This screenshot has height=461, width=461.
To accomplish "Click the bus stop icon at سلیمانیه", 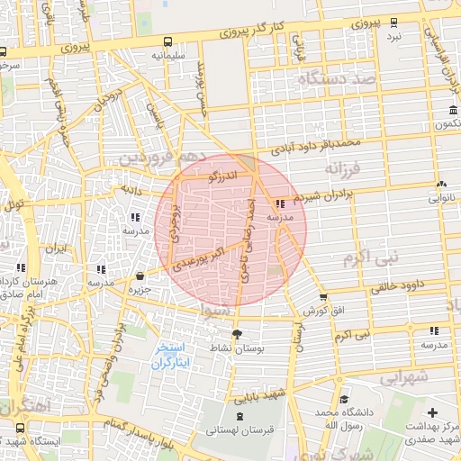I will pyautogui.click(x=168, y=41).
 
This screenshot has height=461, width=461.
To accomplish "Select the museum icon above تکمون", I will pyautogui.click(x=451, y=111).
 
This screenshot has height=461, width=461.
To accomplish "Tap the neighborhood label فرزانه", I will pyautogui.click(x=343, y=168).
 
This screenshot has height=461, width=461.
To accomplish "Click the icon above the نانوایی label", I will pyautogui.click(x=441, y=183).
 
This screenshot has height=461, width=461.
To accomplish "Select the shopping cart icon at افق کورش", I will pyautogui.click(x=323, y=297).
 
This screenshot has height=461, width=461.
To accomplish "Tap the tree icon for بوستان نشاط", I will pyautogui.click(x=237, y=334).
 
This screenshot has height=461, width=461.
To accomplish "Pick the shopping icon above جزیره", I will pyautogui.click(x=140, y=276).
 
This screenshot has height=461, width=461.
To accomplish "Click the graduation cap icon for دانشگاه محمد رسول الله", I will pyautogui.click(x=341, y=398).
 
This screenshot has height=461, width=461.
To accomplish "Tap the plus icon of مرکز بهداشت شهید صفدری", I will pyautogui.click(x=432, y=411).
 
